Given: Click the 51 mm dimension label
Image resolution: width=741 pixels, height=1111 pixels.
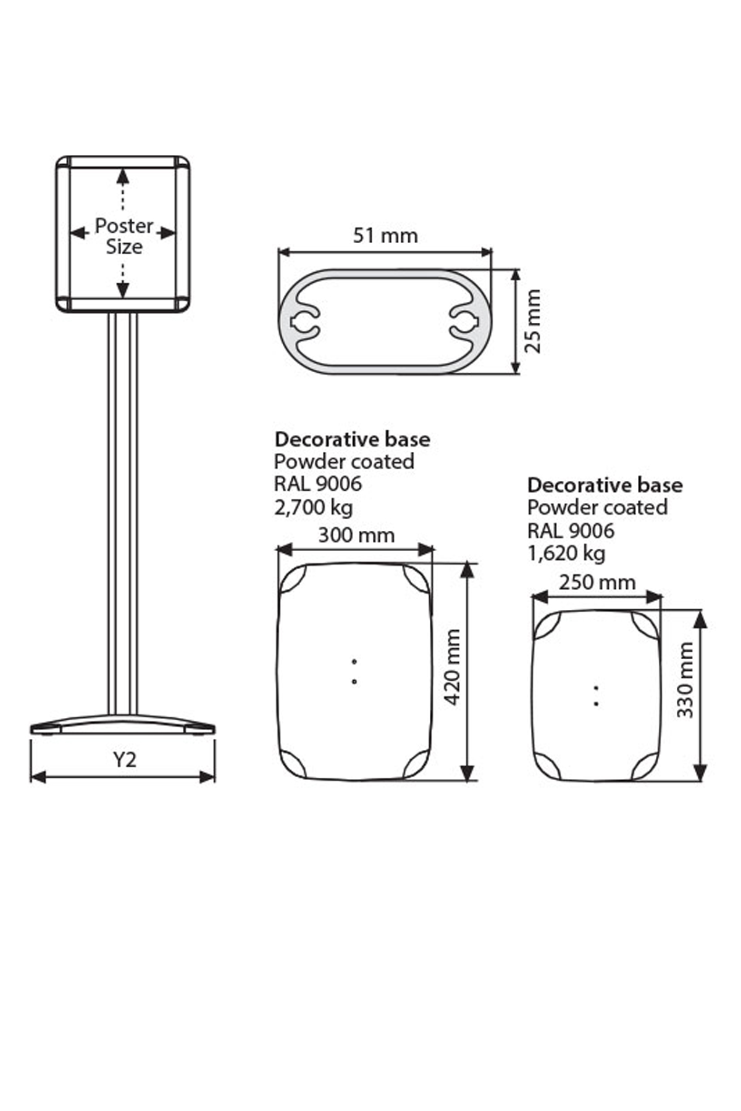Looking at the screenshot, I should [385, 236].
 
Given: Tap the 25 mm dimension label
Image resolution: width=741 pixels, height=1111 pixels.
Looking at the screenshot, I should [532, 321].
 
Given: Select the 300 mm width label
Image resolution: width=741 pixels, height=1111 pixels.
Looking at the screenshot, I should [356, 535].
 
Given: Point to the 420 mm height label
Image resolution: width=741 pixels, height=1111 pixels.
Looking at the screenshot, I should [453, 667].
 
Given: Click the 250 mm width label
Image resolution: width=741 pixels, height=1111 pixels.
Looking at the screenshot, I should [597, 581].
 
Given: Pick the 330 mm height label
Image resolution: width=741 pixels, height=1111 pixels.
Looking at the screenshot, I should [685, 680].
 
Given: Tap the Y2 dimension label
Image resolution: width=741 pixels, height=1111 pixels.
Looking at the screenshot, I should [124, 759].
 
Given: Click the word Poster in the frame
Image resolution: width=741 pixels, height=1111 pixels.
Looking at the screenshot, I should [124, 226].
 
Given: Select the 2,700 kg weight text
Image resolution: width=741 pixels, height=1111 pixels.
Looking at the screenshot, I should [314, 507].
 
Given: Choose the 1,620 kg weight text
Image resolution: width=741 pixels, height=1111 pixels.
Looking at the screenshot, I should [566, 553].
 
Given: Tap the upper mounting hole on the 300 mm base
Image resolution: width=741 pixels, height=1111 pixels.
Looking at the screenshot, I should [354, 661].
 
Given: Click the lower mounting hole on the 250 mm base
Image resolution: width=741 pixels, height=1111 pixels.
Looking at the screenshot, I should [597, 703].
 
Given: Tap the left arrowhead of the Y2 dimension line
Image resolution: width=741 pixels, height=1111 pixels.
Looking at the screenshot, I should [37, 776].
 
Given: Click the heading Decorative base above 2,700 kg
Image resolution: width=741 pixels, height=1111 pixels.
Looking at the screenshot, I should [352, 439].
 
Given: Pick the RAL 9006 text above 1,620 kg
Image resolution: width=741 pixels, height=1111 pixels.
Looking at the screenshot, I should [571, 530].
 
